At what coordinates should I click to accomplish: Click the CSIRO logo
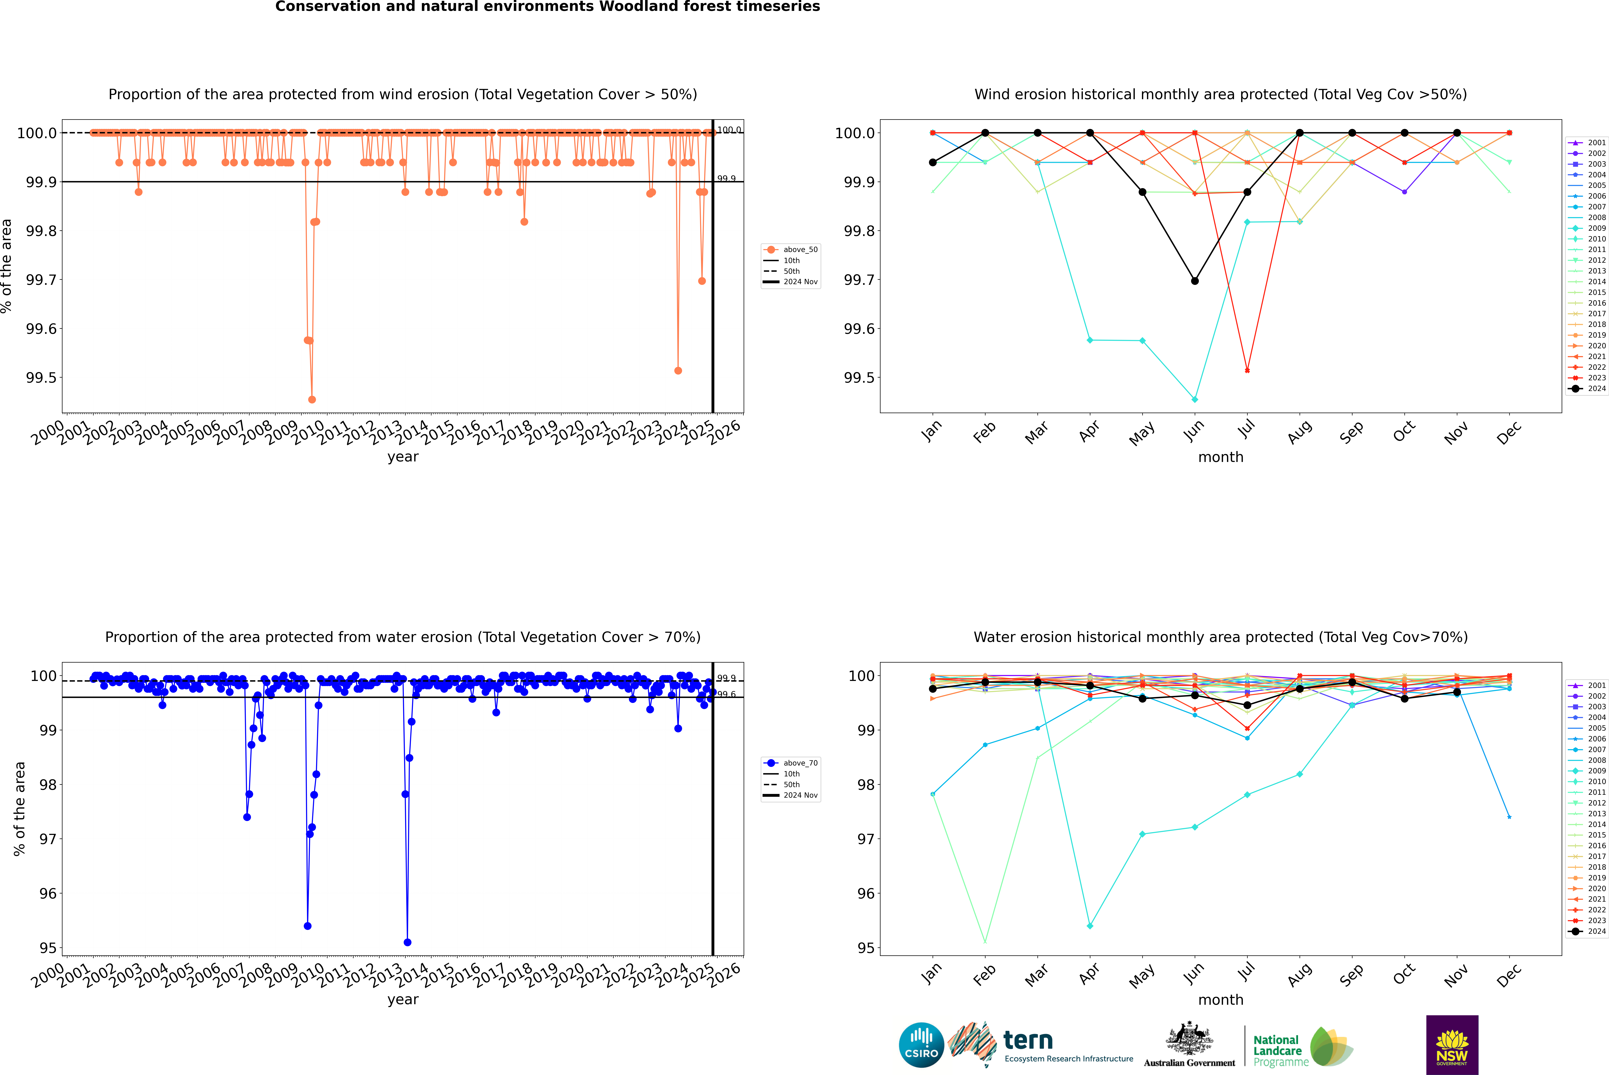(921, 1045)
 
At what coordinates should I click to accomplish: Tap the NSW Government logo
(1452, 1045)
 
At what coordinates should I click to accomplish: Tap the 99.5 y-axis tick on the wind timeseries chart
(41, 378)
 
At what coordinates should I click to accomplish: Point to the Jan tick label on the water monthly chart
(931, 974)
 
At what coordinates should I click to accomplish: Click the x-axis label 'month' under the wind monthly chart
(1220, 457)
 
